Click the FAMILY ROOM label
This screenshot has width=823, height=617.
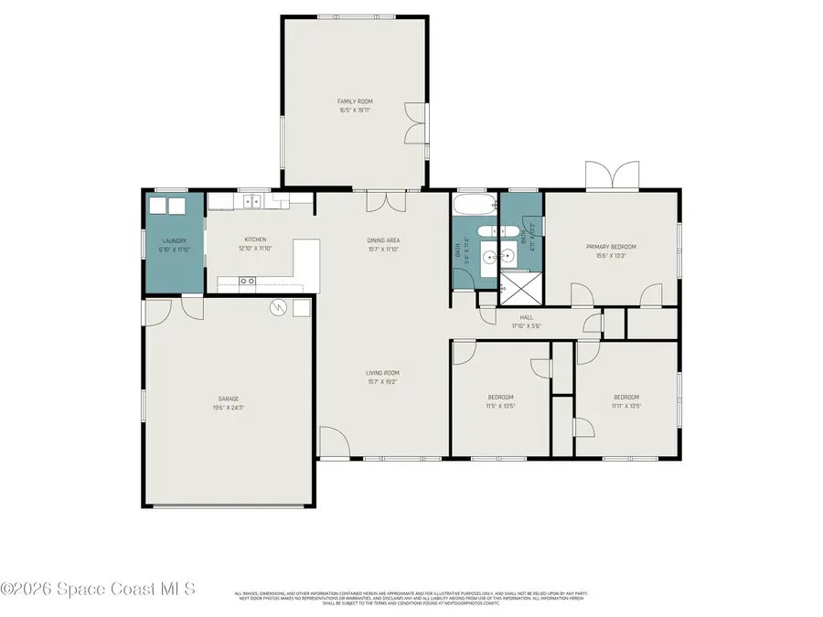355,101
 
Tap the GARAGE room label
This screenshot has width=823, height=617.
229,399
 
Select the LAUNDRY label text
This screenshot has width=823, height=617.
174,241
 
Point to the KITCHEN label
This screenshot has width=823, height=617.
255,240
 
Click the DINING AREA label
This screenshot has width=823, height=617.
383,240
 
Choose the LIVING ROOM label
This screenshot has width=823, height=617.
383,373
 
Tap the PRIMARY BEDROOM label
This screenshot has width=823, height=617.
611,247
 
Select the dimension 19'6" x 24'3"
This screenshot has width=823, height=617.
229,407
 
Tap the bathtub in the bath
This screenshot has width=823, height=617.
473,204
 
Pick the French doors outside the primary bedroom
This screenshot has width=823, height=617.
613,175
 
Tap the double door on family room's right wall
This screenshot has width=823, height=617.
416,123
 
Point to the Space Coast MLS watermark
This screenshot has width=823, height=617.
98,590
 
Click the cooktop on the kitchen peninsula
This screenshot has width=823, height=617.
247,282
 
